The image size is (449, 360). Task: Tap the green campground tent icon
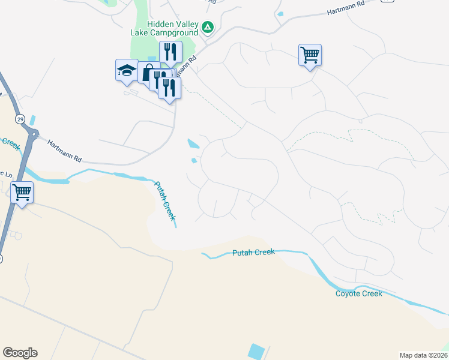(208, 27)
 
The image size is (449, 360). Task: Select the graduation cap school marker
(127, 70)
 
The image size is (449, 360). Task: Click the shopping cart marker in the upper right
(310, 55)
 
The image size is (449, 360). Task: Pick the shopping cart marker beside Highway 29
(22, 193)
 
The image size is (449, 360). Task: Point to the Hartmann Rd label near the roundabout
(64, 151)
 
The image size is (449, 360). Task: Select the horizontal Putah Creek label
(253, 253)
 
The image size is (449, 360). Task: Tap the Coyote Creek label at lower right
(358, 293)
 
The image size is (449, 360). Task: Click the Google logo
(20, 353)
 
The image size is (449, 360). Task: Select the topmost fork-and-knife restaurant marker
(170, 52)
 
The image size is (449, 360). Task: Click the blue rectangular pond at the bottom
(257, 352)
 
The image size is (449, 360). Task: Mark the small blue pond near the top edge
(280, 14)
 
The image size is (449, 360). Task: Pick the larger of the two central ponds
(193, 144)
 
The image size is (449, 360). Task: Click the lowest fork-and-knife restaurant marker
(169, 88)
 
